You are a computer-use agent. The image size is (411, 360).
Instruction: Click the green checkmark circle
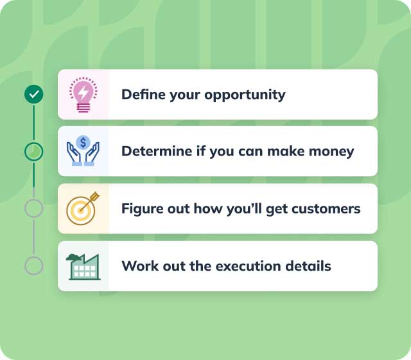[33, 95]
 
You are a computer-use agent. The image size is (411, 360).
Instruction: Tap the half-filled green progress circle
[33, 152]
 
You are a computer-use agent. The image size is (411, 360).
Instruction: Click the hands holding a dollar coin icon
[83, 151]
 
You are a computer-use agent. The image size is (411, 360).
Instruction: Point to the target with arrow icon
[83, 208]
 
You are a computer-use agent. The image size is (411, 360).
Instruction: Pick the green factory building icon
[83, 265]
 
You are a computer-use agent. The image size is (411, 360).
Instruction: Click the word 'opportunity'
[245, 95]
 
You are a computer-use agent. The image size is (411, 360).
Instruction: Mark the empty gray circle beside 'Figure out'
[33, 208]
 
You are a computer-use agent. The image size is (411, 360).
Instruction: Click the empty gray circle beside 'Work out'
[33, 265]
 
